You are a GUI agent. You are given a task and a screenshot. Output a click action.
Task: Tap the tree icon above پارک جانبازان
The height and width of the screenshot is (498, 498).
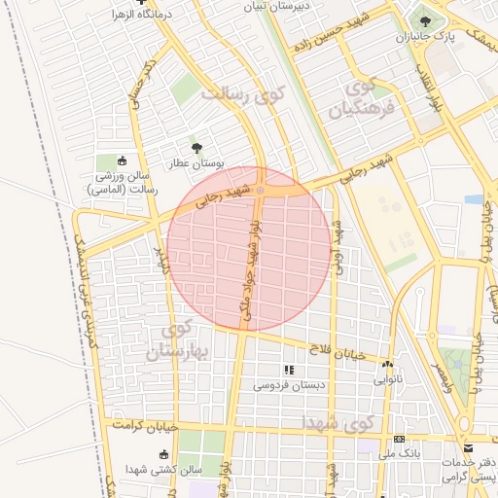tap(425, 19)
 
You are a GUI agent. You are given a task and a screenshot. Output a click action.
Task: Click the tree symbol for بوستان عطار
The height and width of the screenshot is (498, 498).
tap(198, 148)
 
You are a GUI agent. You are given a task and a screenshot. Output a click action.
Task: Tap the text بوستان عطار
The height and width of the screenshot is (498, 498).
tap(198, 163)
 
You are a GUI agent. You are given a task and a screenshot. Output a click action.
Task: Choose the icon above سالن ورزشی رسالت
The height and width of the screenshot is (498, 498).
tap(122, 160)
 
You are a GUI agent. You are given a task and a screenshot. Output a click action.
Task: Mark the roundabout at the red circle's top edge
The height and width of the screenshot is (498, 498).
tap(260, 189)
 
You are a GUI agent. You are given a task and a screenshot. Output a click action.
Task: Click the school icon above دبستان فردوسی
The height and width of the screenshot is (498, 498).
tap(287, 370)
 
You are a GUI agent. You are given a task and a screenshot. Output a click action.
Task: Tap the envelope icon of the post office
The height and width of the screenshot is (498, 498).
tap(469, 448)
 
